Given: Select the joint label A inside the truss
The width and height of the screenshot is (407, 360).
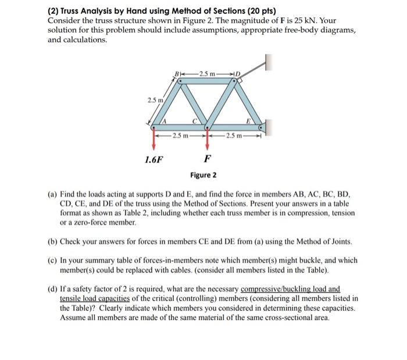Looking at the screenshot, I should [x=164, y=120].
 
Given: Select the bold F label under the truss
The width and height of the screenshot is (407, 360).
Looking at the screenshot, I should [x=208, y=158].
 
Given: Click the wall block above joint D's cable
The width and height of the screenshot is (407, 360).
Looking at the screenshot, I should [x=268, y=61].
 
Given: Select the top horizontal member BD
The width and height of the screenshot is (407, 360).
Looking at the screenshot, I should [x=206, y=81].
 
